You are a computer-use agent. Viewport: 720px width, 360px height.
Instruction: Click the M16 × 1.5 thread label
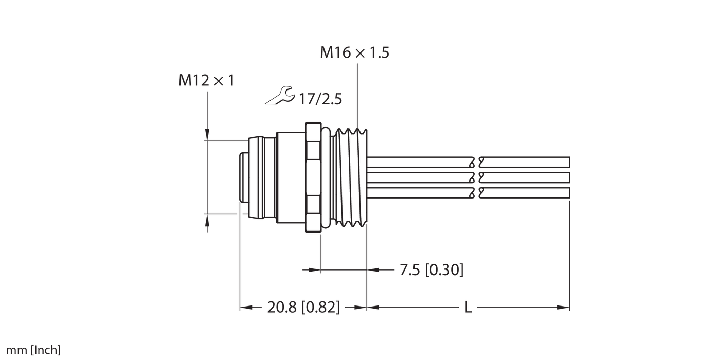click(x=354, y=52)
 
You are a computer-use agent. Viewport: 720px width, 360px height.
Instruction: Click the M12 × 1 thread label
click(x=207, y=80)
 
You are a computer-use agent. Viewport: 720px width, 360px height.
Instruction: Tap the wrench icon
click(x=280, y=95)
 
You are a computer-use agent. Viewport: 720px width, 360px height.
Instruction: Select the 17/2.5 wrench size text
click(x=320, y=99)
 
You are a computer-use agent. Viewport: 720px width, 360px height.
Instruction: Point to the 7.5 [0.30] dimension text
click(x=431, y=269)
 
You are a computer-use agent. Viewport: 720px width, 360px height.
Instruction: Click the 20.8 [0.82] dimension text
click(x=303, y=308)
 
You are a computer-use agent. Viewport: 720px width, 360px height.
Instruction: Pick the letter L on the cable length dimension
click(x=468, y=308)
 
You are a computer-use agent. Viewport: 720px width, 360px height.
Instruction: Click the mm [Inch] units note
click(x=33, y=350)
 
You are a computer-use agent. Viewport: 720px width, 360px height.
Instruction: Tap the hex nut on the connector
click(x=313, y=177)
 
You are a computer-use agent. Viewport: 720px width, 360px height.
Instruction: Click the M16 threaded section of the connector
click(x=351, y=177)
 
